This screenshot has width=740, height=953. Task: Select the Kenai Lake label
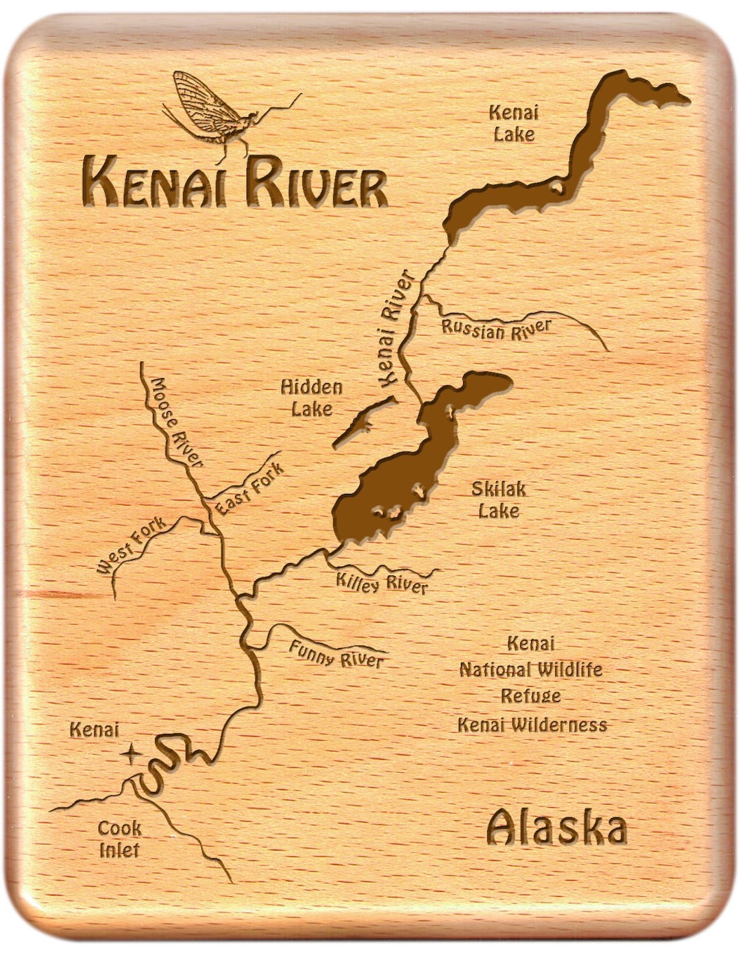point(514,123)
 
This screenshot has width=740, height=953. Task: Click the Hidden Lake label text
point(312,398)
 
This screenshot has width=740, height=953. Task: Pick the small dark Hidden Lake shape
point(363,423)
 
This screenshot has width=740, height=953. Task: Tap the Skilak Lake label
point(499,499)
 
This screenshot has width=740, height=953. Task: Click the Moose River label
point(177,422)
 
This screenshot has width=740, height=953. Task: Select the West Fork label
point(131,545)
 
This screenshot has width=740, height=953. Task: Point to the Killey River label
point(382,583)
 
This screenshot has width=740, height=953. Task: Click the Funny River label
point(336,653)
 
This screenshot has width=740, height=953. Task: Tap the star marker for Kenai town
point(130,754)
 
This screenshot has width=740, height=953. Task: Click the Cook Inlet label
point(120,839)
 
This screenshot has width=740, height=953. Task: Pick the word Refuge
point(531,696)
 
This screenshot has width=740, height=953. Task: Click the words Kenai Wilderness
point(532,725)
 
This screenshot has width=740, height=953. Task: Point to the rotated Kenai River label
point(396,327)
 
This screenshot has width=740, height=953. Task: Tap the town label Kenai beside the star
point(95,730)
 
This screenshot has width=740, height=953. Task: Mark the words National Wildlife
point(531,669)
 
